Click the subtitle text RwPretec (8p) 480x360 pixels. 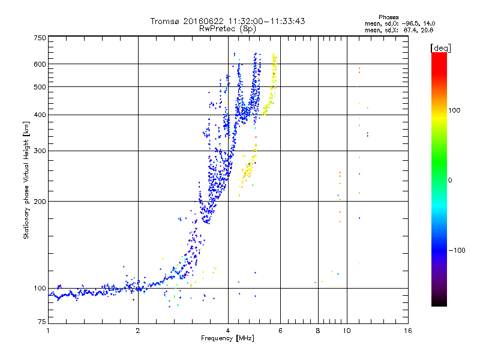[x=227, y=29]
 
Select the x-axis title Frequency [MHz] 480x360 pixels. [x=227, y=338]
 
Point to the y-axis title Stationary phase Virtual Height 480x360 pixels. [x=26, y=181]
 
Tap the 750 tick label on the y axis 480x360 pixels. [x=40, y=38]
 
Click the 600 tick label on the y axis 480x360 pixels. [x=40, y=64]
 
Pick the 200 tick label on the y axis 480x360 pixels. [x=40, y=202]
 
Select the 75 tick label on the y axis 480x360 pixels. [x=42, y=322]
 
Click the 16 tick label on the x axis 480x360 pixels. [x=408, y=331]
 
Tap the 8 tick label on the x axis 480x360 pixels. [x=318, y=331]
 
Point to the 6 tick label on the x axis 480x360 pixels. [x=280, y=331]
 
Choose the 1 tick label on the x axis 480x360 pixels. [x=48, y=331]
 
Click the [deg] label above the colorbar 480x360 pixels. [x=440, y=48]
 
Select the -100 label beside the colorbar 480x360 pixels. [x=457, y=250]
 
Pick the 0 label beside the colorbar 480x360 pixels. [x=450, y=180]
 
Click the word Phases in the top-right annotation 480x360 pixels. [x=388, y=17]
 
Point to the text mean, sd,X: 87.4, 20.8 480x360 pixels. [x=399, y=31]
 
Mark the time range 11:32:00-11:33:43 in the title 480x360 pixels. [x=266, y=21]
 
